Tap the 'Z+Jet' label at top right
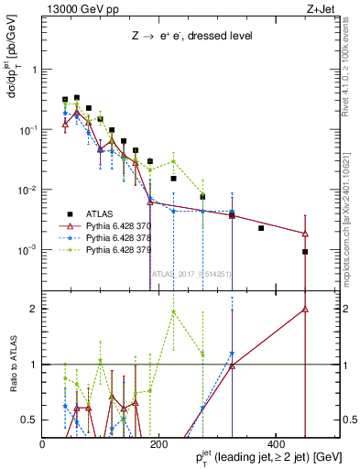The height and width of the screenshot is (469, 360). click(x=321, y=8)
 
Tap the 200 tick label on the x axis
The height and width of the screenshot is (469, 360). click(x=159, y=445)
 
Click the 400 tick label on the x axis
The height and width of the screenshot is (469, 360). click(x=276, y=445)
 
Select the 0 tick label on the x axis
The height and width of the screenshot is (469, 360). click(x=43, y=445)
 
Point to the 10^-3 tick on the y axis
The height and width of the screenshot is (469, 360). click(x=28, y=250)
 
